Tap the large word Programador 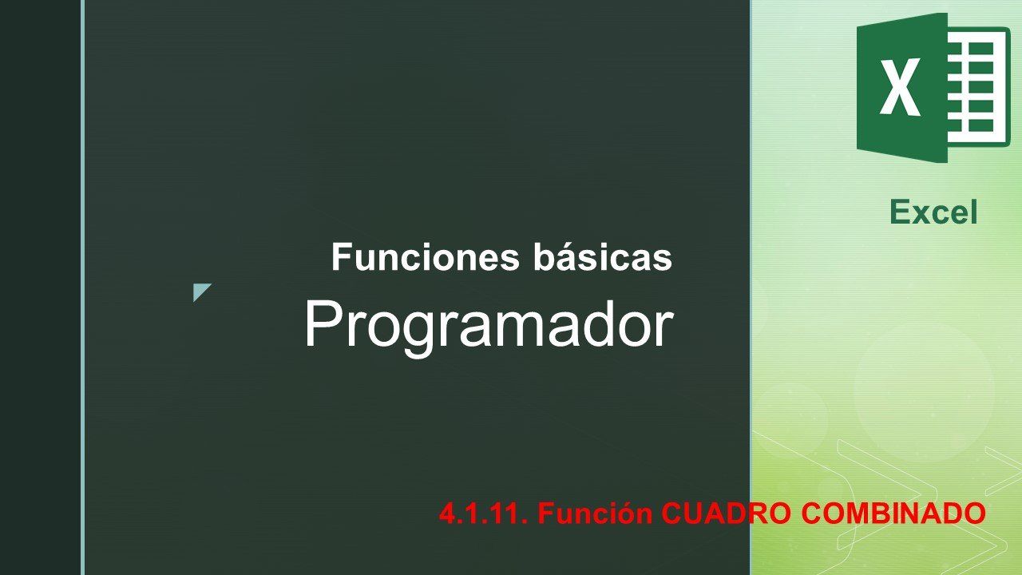point(489,326)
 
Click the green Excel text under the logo point(933,212)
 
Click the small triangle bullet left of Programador point(200,291)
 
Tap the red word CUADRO point(727,513)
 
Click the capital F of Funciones point(341,257)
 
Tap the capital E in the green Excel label point(901,212)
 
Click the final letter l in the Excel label point(973,212)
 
